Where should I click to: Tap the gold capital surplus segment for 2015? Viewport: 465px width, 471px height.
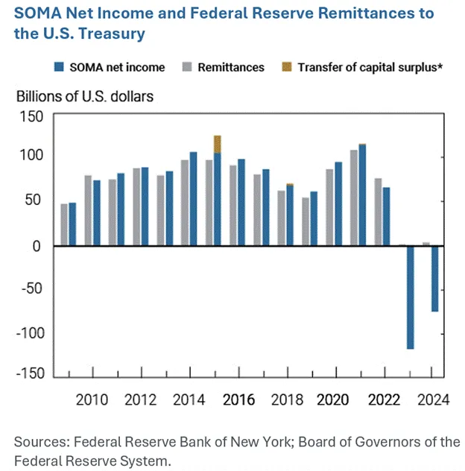(217, 144)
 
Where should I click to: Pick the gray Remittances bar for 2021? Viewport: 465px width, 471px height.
(354, 197)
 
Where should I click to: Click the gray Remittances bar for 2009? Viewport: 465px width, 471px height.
(64, 224)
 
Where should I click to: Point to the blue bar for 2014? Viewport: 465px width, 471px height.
(193, 198)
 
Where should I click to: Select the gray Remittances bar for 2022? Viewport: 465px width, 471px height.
(379, 212)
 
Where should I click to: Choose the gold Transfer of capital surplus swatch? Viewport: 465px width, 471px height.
(287, 67)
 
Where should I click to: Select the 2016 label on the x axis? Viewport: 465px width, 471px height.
(235, 399)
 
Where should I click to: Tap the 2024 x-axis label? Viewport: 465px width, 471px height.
(433, 399)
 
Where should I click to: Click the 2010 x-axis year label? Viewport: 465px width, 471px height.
(91, 399)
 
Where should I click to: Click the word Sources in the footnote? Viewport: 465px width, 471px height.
(39, 443)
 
